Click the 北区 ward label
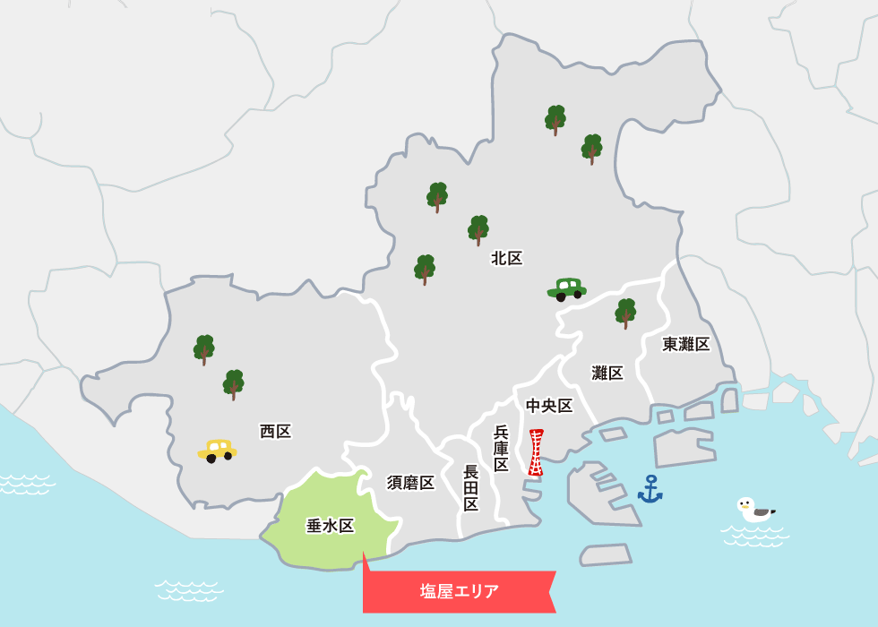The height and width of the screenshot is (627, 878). [507, 259]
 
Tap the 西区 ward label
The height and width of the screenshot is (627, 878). [276, 432]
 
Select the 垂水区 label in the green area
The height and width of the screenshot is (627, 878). [331, 526]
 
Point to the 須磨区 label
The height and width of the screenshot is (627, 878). [411, 483]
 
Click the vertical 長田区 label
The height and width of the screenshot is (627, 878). [471, 488]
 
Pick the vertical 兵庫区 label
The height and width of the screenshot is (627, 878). [501, 448]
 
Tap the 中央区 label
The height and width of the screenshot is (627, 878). [549, 406]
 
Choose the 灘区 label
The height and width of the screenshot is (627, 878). [607, 374]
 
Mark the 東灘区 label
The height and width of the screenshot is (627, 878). [686, 344]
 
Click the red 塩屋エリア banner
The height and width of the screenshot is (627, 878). [460, 591]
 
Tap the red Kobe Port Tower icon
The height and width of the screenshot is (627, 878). [536, 452]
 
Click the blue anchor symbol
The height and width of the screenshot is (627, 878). [650, 489]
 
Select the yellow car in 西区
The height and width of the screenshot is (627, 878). [217, 450]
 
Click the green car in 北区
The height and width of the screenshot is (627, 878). [566, 288]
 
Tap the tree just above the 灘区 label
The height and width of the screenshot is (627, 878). [625, 313]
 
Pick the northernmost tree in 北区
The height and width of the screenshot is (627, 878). [555, 119]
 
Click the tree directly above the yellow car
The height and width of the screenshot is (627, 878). [234, 384]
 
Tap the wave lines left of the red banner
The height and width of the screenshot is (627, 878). [188, 589]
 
